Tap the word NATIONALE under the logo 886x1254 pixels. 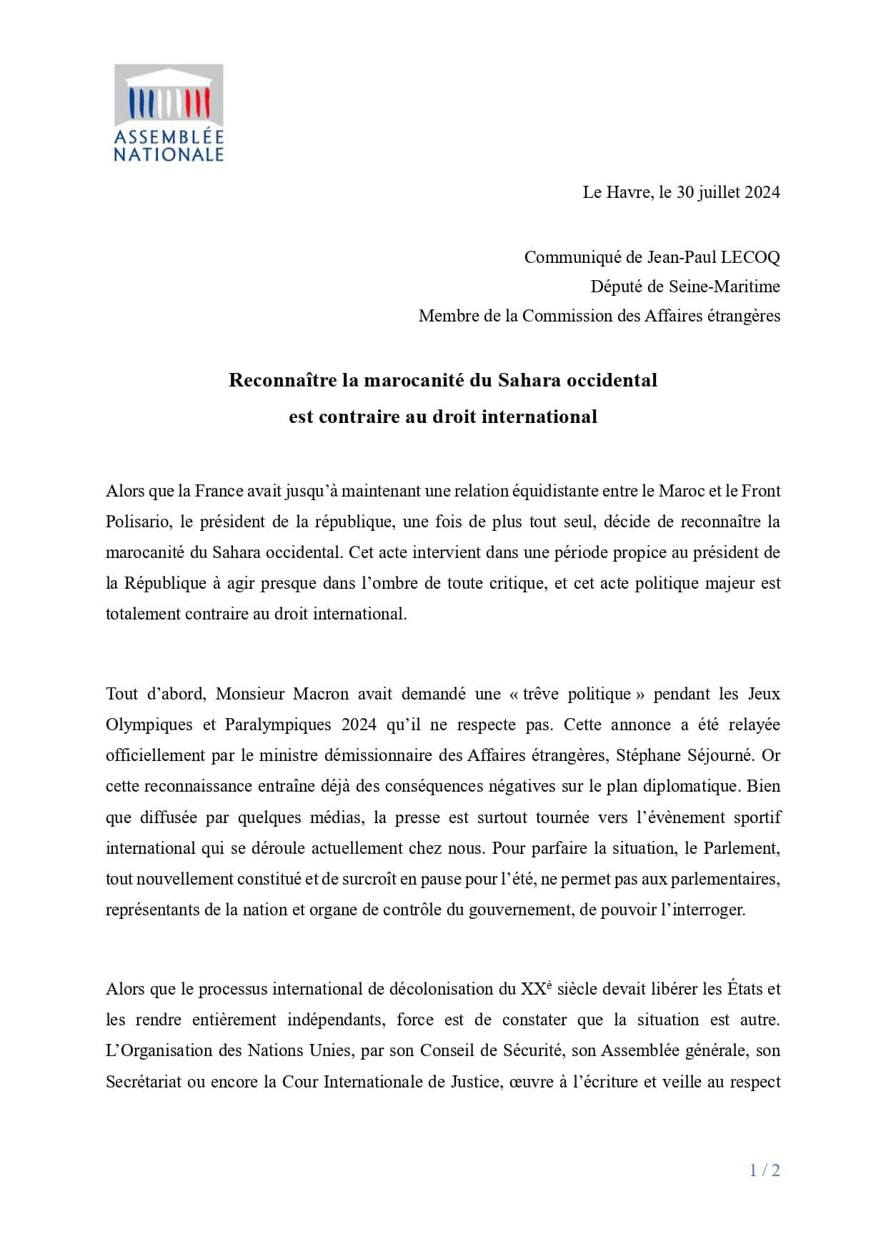coord(169,154)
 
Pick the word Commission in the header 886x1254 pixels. coord(561,316)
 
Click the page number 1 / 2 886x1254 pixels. coord(765,1170)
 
